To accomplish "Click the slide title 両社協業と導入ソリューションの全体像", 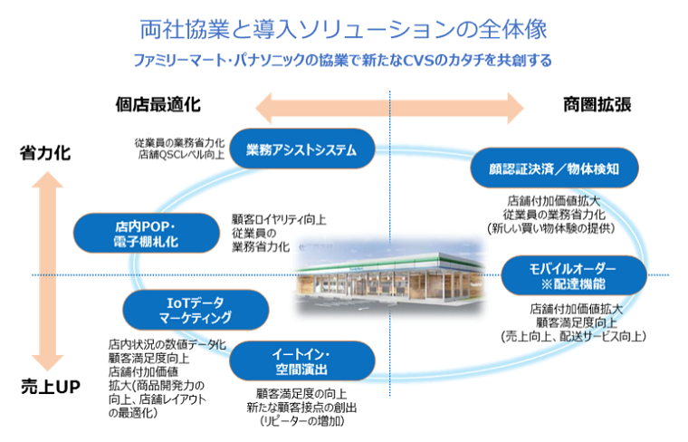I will (343, 29).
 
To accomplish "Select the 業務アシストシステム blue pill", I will (301, 149).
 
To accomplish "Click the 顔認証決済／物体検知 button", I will (557, 168).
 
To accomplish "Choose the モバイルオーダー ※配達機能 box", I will (573, 276).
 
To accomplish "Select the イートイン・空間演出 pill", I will (299, 361).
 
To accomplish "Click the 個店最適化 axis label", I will (158, 105).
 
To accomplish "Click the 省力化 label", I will (45, 154).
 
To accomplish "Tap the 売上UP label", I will (51, 388).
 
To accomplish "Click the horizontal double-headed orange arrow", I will (389, 107).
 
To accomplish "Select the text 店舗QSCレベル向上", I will (181, 156).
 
